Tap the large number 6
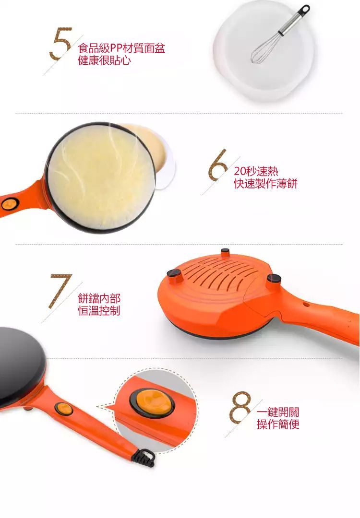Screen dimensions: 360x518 pos(217,165)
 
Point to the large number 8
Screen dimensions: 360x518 pos(240,407)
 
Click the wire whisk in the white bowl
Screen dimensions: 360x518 pos(280,34)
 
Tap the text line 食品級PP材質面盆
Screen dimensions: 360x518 pos(121,48)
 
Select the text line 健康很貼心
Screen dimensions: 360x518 pos(104,60)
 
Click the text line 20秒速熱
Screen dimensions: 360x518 pos(256,171)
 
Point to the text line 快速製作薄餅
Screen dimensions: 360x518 pos(266,183)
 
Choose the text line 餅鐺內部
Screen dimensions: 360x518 pos(99,298)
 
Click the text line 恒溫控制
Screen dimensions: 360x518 pos(99,310)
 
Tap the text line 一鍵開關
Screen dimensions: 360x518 pos(278,412)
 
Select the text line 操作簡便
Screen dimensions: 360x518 pos(278,424)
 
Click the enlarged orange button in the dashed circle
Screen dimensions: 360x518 pos(152,403)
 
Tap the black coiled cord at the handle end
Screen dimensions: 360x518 pos(144,459)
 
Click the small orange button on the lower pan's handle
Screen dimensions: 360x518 pos(64,409)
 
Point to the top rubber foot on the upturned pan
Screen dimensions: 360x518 pos(226,252)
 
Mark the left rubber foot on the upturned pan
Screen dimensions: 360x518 pos(174,275)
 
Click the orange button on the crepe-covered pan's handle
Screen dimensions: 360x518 pos(10,204)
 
